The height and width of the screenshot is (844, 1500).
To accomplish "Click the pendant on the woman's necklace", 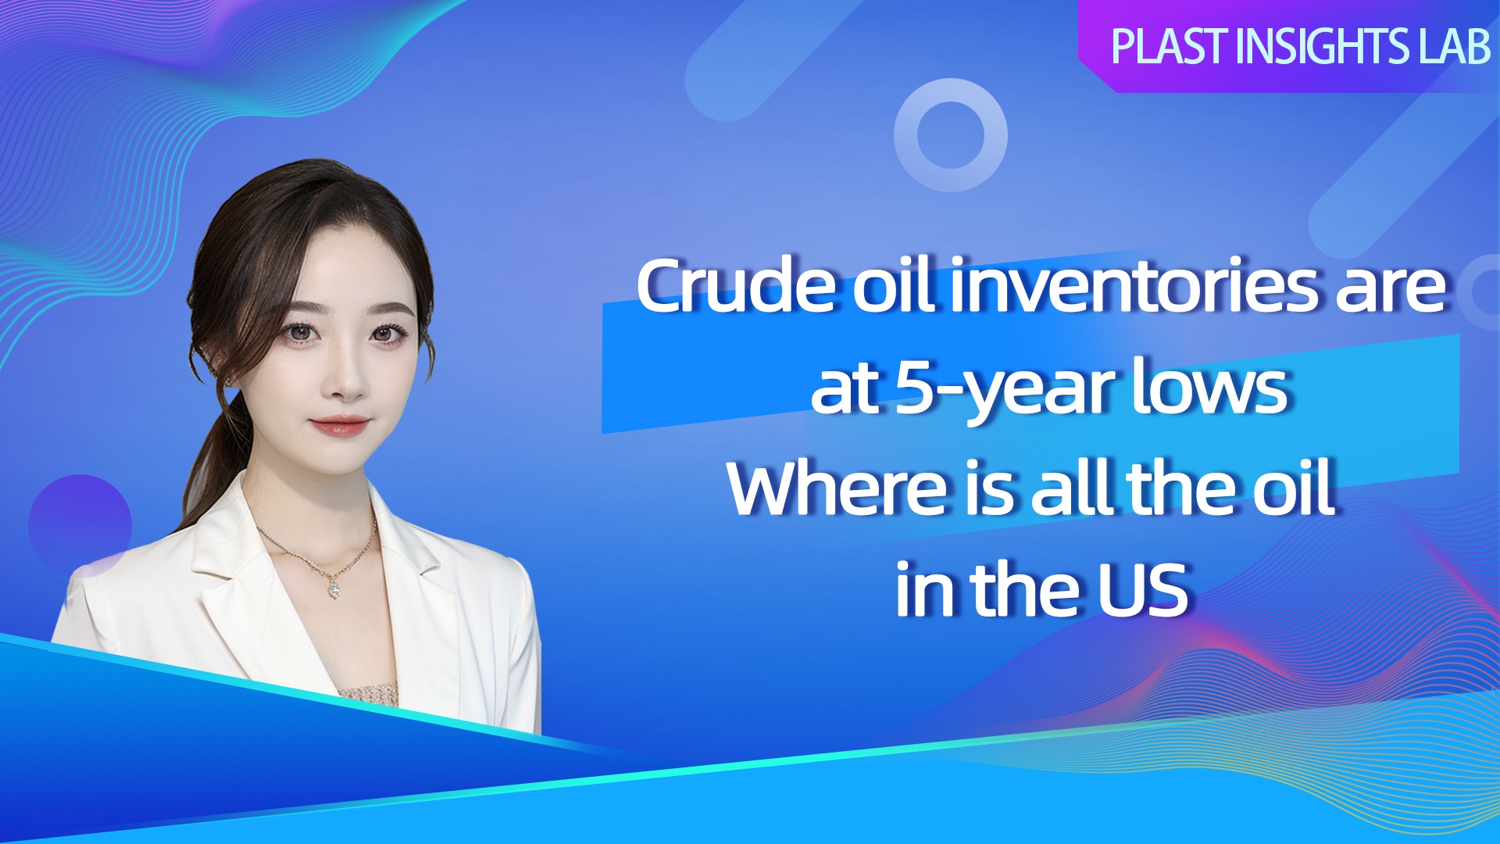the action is tap(334, 588).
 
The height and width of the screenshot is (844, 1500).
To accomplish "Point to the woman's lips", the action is tap(340, 425).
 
